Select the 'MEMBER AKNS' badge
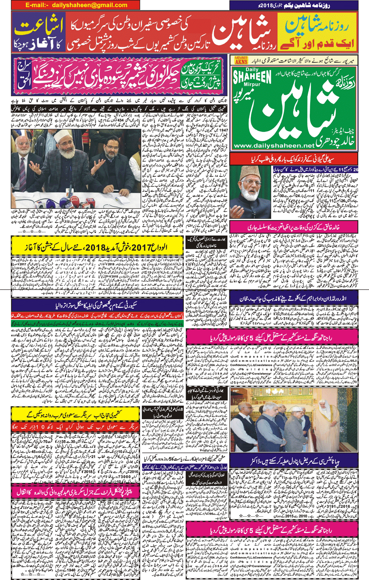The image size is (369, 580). click(241, 60)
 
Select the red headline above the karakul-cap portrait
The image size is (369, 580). click(294, 158)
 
